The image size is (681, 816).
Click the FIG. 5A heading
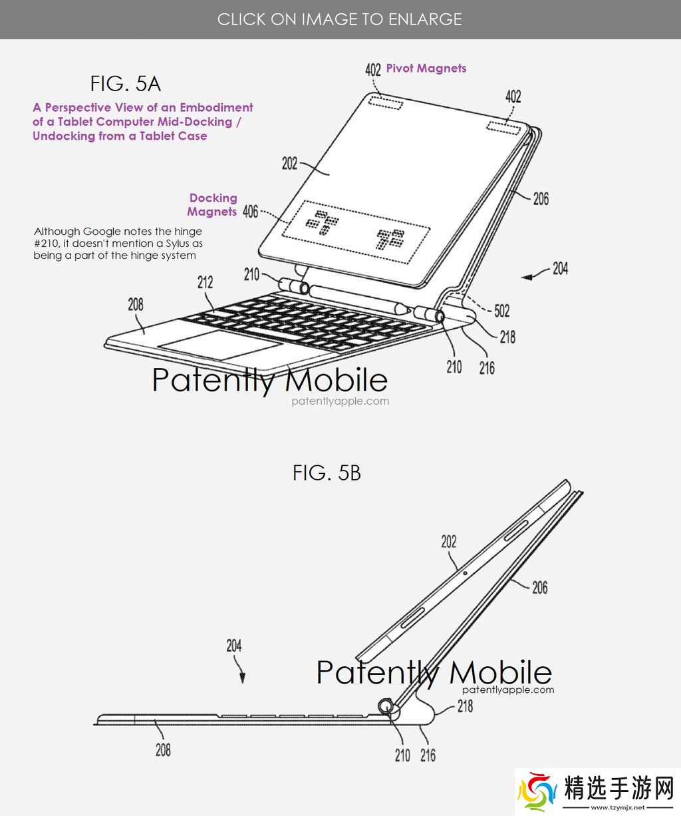click(125, 84)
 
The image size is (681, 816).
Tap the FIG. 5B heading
click(327, 473)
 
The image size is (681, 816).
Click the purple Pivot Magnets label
click(426, 69)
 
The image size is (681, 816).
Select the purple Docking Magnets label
click(212, 205)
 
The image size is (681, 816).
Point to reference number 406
click(250, 212)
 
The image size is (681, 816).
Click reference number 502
click(501, 311)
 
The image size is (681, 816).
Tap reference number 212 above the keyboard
click(205, 282)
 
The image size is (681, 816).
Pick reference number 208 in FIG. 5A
click(136, 304)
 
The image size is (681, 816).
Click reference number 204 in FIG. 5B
click(234, 646)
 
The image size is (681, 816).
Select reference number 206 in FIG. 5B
click(540, 587)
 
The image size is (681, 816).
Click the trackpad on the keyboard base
click(221, 344)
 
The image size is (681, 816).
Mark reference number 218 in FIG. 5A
click(507, 337)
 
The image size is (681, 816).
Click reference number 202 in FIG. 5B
click(449, 542)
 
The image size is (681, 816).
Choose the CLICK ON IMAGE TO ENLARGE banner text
click(340, 19)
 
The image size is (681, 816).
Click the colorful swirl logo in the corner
click(537, 792)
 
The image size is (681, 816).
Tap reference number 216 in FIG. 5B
click(428, 755)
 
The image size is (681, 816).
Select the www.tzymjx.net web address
click(618, 807)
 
